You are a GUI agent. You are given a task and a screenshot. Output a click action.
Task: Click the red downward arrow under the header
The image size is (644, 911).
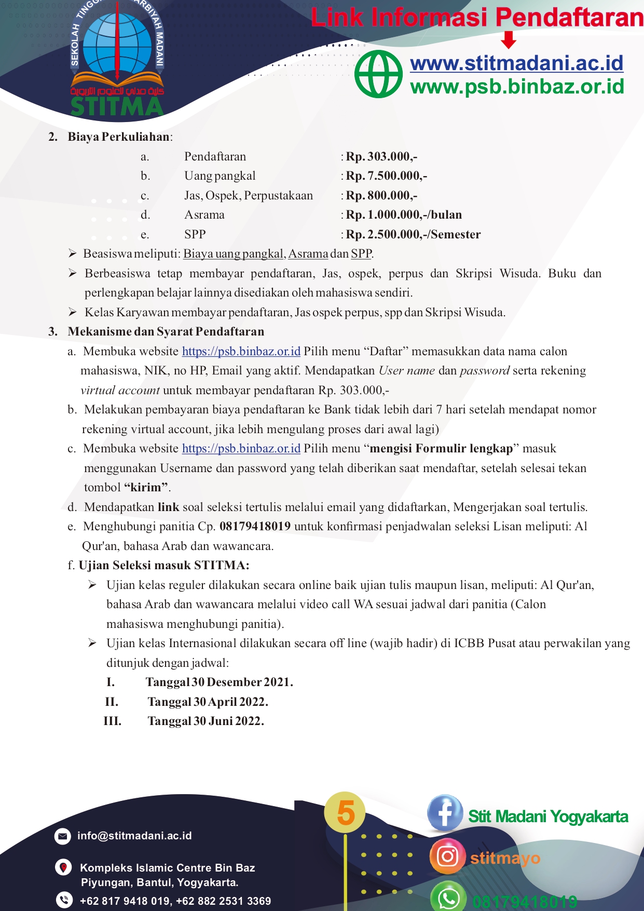[x=509, y=39]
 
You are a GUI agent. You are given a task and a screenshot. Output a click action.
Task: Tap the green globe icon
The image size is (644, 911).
[x=378, y=74]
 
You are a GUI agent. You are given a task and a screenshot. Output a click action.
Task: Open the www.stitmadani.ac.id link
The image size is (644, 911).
[x=516, y=63]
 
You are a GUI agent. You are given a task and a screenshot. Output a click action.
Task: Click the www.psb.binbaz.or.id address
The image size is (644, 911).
[x=517, y=86]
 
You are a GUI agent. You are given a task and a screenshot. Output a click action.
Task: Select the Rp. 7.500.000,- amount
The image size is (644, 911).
[x=386, y=176]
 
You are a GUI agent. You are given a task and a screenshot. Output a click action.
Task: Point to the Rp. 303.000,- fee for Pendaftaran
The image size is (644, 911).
[x=381, y=156]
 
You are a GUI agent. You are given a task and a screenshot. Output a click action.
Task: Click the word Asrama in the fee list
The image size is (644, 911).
[x=204, y=215]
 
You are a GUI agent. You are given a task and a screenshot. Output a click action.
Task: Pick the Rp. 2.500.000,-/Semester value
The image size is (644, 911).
[x=413, y=235]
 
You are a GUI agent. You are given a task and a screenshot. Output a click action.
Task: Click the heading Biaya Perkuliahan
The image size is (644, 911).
[x=119, y=137]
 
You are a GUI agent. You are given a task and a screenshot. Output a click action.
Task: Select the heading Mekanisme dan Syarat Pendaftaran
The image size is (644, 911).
[x=166, y=332]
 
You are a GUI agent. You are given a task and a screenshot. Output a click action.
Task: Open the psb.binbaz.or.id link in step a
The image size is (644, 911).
[x=241, y=352]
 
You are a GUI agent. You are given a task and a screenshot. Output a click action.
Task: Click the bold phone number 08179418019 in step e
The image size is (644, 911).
[x=255, y=527]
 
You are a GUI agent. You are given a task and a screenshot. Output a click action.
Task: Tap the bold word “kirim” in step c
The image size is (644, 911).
[x=146, y=488]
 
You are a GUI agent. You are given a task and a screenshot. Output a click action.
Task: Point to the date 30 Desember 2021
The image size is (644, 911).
[x=242, y=682]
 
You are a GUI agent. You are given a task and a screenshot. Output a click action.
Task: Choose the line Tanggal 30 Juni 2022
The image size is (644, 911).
[x=205, y=721]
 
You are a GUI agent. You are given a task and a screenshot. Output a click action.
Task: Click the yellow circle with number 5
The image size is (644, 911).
[x=345, y=812]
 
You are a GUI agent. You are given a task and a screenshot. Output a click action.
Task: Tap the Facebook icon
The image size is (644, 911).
[x=445, y=813]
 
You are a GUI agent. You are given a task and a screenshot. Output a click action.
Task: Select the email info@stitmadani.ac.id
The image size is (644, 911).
[x=134, y=836]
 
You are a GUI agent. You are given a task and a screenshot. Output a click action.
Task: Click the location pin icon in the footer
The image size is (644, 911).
[x=63, y=867]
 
